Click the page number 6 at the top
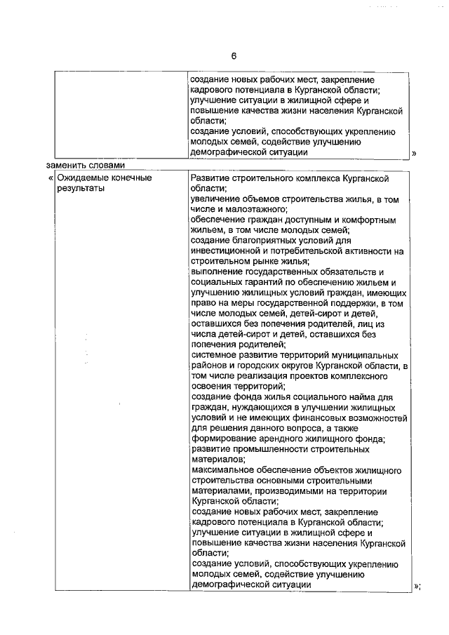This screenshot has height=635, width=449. (x=235, y=55)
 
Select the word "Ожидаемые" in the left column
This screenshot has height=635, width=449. (x=83, y=178)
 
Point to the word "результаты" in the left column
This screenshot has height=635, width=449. (x=80, y=188)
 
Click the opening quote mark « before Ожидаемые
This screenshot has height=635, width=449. (x=51, y=178)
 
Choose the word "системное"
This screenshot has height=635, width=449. (x=213, y=355)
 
